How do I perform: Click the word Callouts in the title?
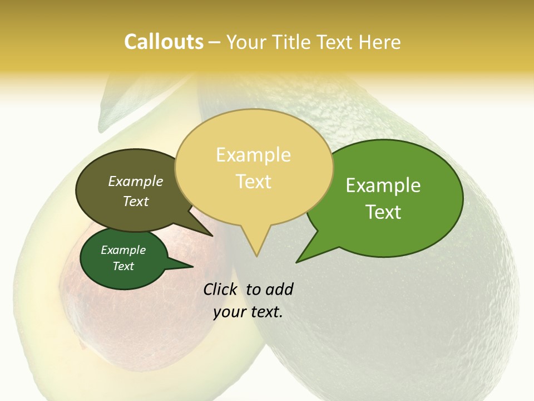[x=164, y=42]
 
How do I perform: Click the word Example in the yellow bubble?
[x=253, y=155]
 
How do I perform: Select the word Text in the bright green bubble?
[x=383, y=212]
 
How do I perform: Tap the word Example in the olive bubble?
[x=136, y=182]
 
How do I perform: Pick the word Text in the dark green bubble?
[x=123, y=266]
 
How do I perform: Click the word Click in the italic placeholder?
[x=220, y=289]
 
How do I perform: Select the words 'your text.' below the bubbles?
[x=248, y=312]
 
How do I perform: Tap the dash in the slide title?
[x=215, y=42]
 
